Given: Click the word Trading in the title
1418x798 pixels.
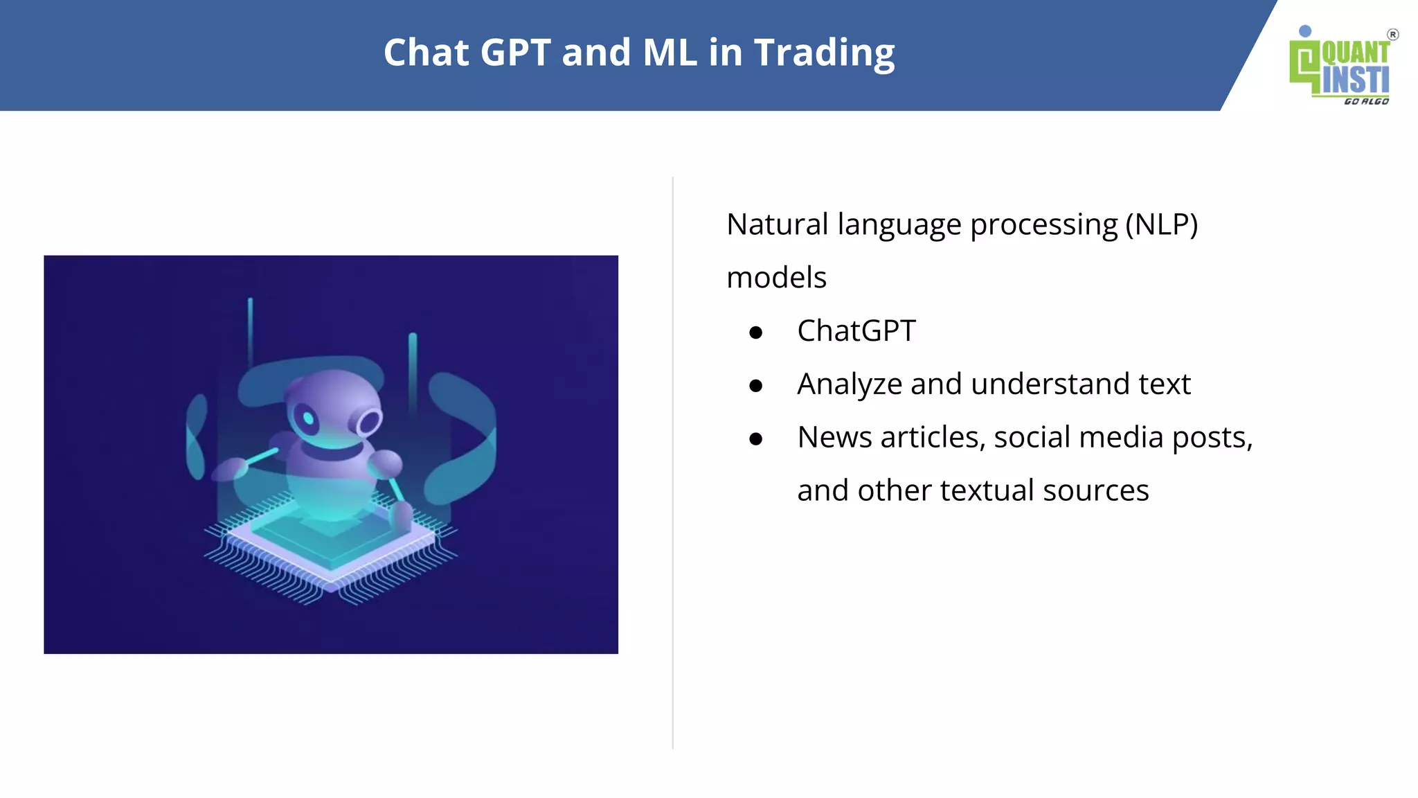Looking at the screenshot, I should coord(824,53).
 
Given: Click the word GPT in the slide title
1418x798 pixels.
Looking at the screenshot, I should coord(515,53).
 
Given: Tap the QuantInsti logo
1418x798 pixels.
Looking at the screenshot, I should coord(1340,66).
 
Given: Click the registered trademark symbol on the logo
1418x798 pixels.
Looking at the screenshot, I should coord(1392,35).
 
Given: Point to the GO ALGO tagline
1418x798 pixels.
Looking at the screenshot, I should coord(1365,102).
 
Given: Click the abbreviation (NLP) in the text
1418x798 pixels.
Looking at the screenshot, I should coord(1161,224).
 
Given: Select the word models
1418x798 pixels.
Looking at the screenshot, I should coord(776,278).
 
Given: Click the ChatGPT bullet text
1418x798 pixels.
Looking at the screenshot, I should coord(856,331).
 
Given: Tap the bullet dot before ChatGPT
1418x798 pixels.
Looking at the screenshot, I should coord(755,333).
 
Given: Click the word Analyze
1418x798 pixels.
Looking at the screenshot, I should coord(849,384).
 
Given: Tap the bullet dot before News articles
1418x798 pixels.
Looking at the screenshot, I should coord(755,439).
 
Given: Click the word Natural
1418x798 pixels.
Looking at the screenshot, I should coord(777,224).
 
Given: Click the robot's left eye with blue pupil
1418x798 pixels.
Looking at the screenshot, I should coord(307,418).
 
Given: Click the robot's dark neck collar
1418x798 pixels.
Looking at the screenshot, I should coord(332,452).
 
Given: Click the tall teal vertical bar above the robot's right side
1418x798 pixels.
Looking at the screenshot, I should coord(413,374).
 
